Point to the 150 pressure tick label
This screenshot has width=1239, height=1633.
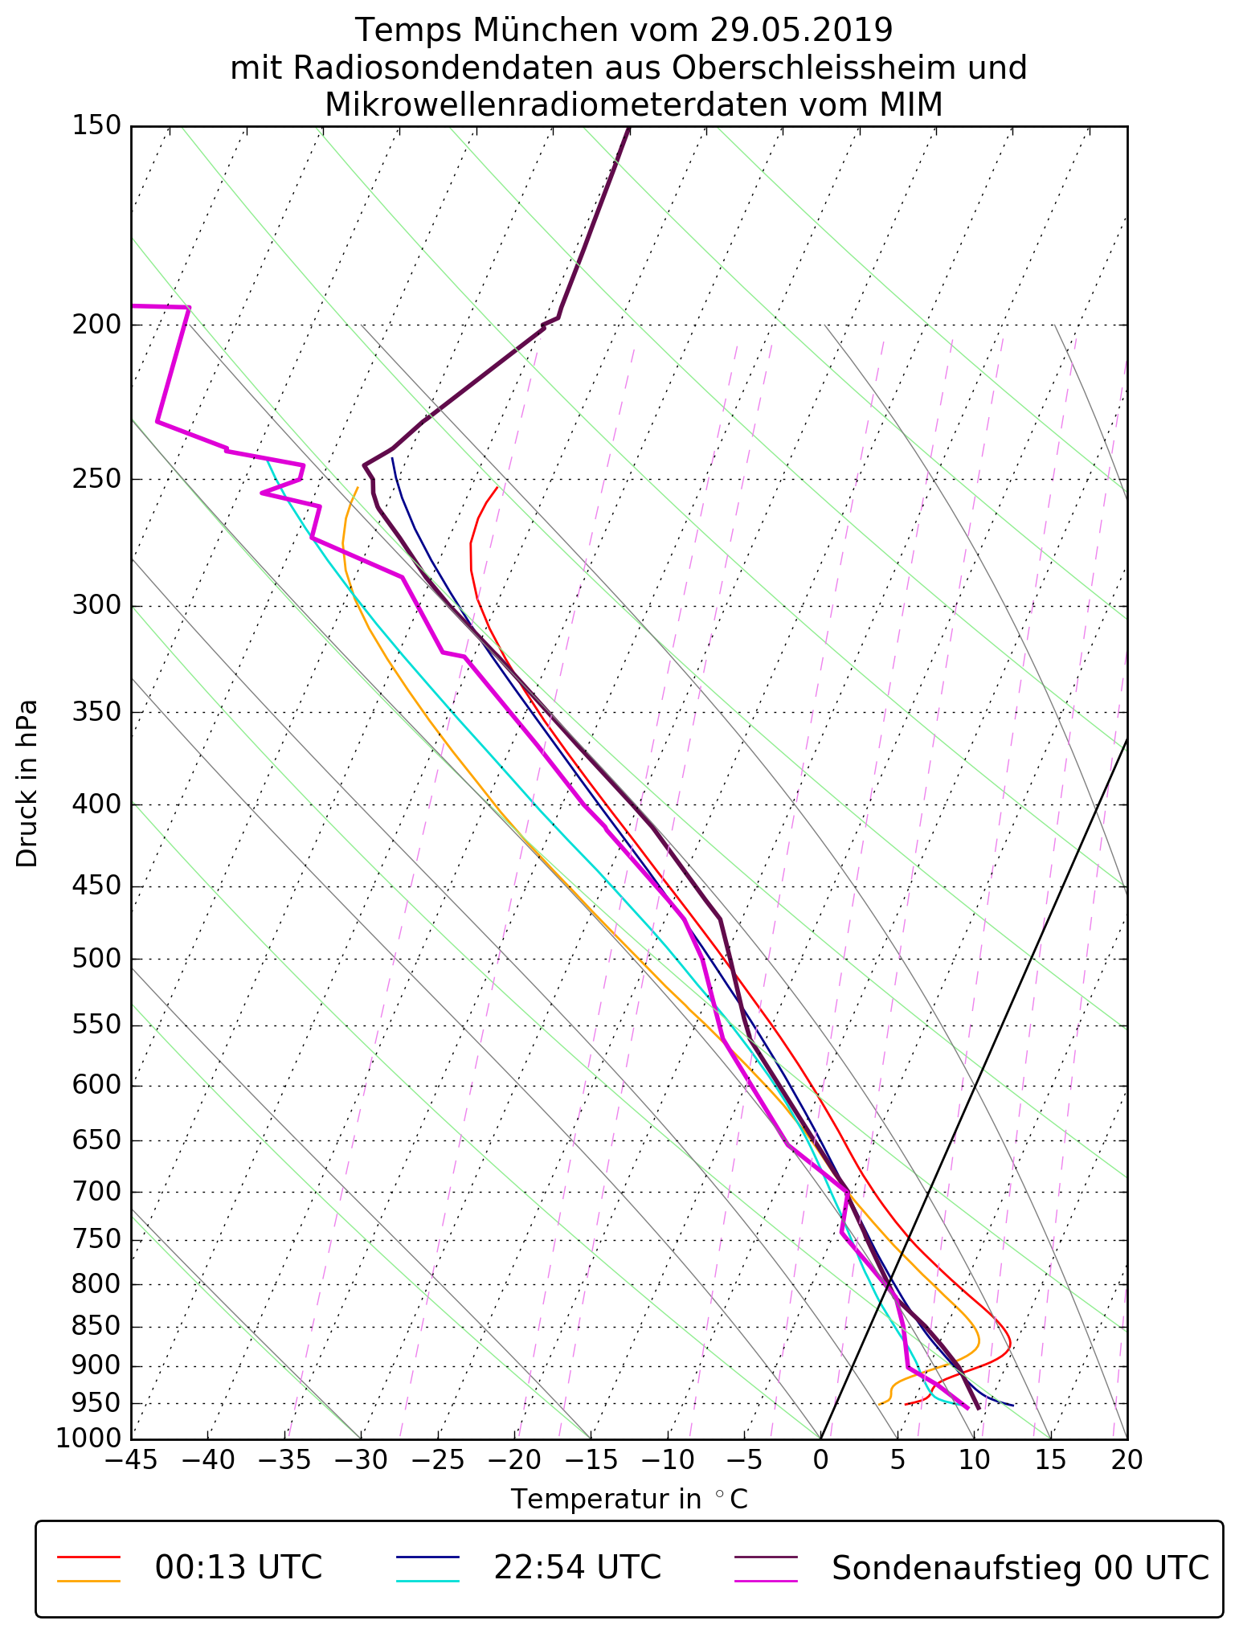(x=96, y=126)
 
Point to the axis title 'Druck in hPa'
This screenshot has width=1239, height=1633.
(x=27, y=784)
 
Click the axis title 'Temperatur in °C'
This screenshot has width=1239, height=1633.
(x=629, y=1499)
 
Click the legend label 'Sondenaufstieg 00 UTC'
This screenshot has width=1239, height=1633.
(x=1020, y=1567)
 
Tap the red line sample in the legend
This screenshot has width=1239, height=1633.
(x=88, y=1556)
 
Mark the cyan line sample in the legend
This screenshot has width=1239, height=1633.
(x=427, y=1580)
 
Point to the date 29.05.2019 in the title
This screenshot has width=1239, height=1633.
(x=801, y=31)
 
